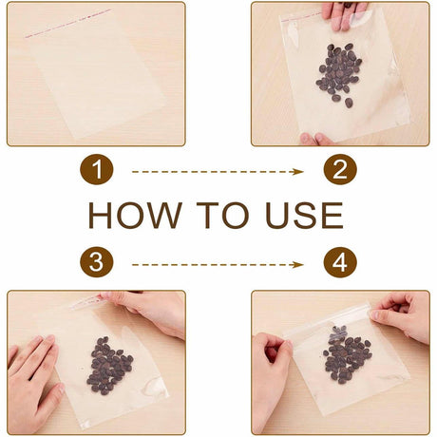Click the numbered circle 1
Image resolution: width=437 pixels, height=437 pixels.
pyautogui.click(x=97, y=169)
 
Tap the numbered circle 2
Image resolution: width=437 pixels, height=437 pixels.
pyautogui.click(x=340, y=169)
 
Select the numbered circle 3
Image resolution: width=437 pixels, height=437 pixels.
pyautogui.click(x=97, y=262)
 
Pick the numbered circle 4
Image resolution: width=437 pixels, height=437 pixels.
pyautogui.click(x=340, y=262)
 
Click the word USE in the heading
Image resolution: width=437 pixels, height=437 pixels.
pyautogui.click(x=304, y=215)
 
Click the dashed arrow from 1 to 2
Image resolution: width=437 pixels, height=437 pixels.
pyautogui.click(x=218, y=172)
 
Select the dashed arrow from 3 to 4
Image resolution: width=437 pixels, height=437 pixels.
pyautogui.click(x=218, y=264)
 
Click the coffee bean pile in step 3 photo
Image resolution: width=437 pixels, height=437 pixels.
pyautogui.click(x=109, y=366)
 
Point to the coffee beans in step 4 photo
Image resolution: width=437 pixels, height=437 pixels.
pyautogui.click(x=347, y=356)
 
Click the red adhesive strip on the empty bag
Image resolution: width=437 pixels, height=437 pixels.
pyautogui.click(x=68, y=24)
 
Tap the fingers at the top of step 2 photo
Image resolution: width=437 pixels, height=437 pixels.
pyautogui.click(x=344, y=14)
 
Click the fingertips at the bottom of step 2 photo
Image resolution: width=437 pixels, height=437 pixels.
pyautogui.click(x=316, y=140)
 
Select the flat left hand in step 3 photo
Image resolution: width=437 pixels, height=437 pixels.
pyautogui.click(x=33, y=383)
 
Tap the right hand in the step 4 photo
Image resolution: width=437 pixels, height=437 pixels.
pyautogui.click(x=402, y=315)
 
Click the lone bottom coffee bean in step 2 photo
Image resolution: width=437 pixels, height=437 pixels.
pyautogui.click(x=349, y=103)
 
